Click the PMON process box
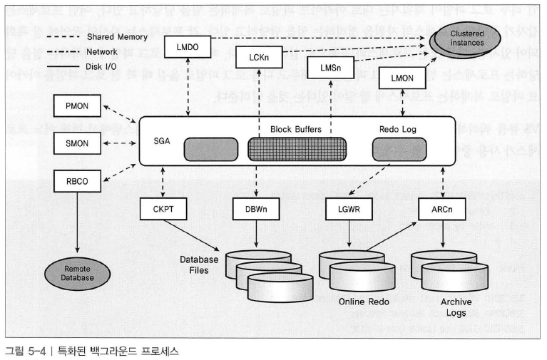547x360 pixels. [x=78, y=106]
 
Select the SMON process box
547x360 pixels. [x=78, y=143]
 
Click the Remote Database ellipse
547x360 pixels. [x=78, y=273]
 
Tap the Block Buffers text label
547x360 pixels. [x=295, y=130]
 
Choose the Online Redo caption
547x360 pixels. [x=364, y=302]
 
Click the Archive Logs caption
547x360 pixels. [x=456, y=307]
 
